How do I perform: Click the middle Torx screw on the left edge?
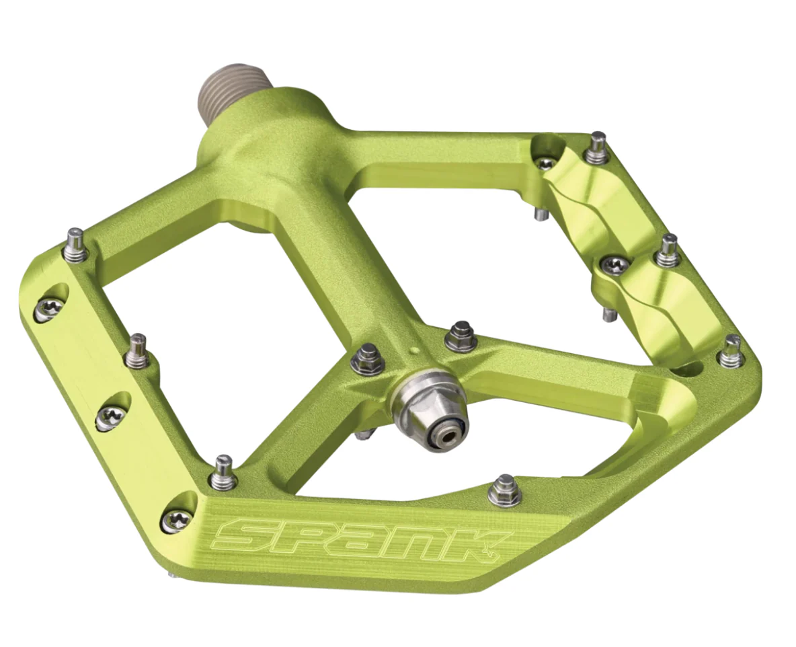pos(111,418)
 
